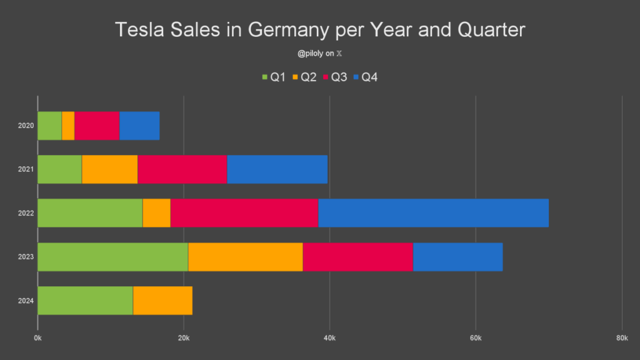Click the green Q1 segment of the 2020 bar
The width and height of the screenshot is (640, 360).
49,126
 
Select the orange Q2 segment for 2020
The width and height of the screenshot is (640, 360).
68,126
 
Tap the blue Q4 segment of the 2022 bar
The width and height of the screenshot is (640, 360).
433,213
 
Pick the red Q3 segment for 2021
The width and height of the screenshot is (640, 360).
182,169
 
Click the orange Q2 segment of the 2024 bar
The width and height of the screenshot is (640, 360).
162,301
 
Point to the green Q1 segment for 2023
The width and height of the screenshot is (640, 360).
112,257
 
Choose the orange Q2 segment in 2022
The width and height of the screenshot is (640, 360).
156,213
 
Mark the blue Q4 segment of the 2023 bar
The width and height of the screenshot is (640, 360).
457,257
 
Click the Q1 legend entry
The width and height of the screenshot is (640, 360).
274,77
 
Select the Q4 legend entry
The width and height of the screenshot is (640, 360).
366,77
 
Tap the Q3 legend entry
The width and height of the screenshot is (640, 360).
335,77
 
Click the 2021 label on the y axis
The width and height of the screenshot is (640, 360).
26,169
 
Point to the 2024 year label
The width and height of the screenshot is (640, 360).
26,301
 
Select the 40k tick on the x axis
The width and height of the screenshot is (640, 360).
329,338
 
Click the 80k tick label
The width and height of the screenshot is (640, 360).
621,338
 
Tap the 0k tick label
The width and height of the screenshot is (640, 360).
37,338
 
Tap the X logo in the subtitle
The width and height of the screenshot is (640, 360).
339,54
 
